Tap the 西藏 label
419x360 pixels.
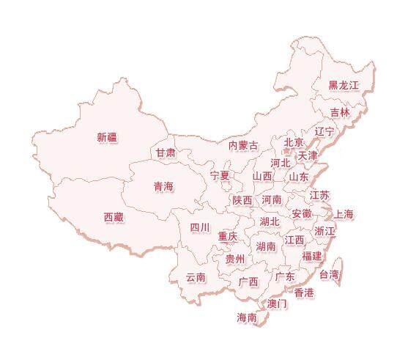tap(114, 217)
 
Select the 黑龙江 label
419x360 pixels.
tap(343, 85)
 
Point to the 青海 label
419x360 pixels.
tap(163, 187)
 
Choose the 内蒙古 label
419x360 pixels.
tap(243, 145)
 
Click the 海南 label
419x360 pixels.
tap(247, 317)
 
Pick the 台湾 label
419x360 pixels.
tap(329, 275)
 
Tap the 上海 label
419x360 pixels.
tap(344, 214)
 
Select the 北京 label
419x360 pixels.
tap(294, 142)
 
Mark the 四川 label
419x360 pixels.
tap(200, 227)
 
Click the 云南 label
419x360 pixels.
tap(196, 277)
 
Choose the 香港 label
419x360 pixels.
tap(304, 293)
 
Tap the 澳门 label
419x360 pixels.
tap(277, 304)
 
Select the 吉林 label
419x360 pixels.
tap(340, 112)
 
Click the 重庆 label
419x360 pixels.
tap(227, 237)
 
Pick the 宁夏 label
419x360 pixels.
tap(220, 176)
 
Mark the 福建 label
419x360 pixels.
tap(312, 256)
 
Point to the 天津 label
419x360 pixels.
tap(308, 155)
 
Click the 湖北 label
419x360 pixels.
tap(270, 221)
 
